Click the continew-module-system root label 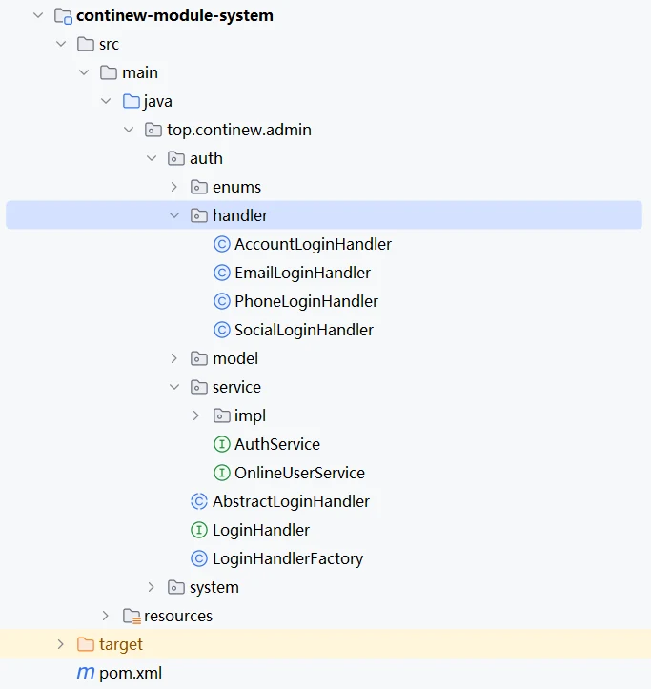pyautogui.click(x=174, y=16)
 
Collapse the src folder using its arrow pyautogui.click(x=61, y=44)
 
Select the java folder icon pyautogui.click(x=131, y=101)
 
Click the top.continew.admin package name pyautogui.click(x=239, y=130)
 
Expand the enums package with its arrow pyautogui.click(x=174, y=187)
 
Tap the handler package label pyautogui.click(x=240, y=215)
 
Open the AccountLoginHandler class pyautogui.click(x=313, y=244)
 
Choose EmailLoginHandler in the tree pyautogui.click(x=302, y=273)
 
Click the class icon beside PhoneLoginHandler pyautogui.click(x=222, y=301)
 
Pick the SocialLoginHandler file pyautogui.click(x=304, y=330)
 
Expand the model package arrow pyautogui.click(x=174, y=358)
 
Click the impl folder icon pyautogui.click(x=221, y=415)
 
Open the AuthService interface pyautogui.click(x=277, y=444)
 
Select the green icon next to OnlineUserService pyautogui.click(x=222, y=473)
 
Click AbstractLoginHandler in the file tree pyautogui.click(x=291, y=501)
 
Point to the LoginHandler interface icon pyautogui.click(x=199, y=530)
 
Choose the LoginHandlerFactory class pyautogui.click(x=288, y=558)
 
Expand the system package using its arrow pyautogui.click(x=152, y=587)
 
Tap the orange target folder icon pyautogui.click(x=85, y=644)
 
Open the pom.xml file pyautogui.click(x=131, y=673)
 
